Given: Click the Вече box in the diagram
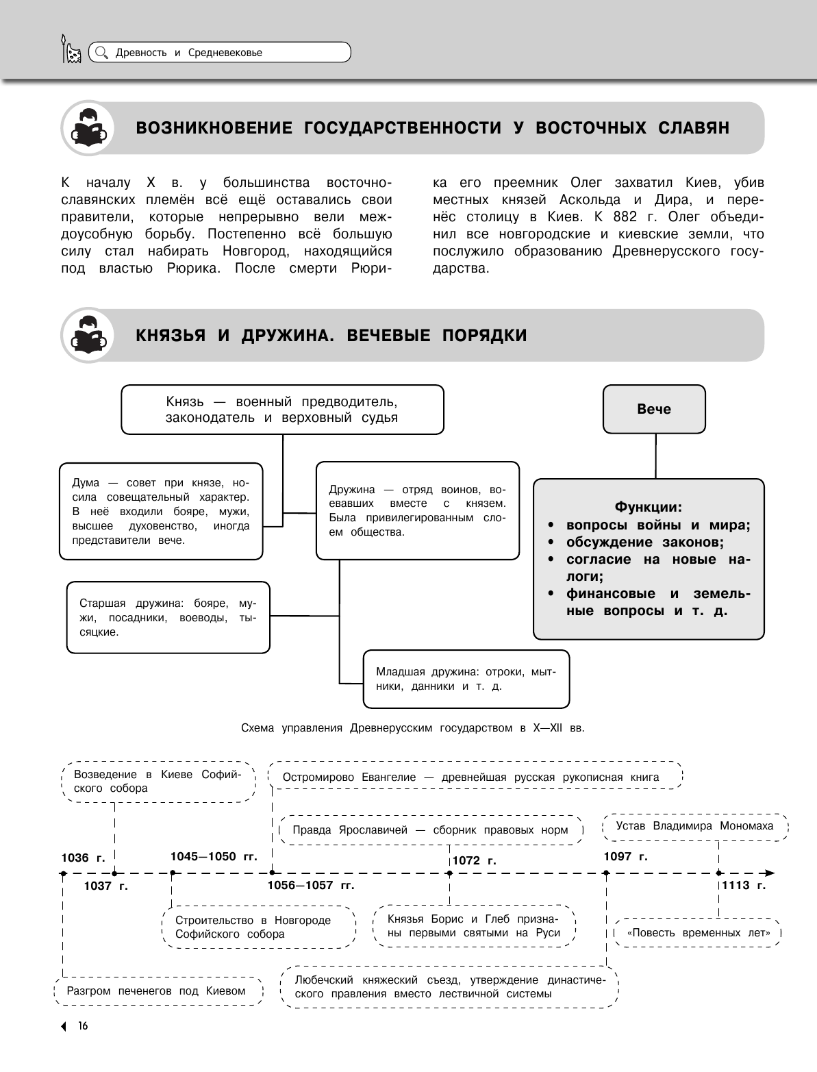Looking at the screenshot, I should [654, 409].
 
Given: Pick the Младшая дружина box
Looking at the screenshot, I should [466, 679].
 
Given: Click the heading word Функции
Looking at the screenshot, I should [648, 508].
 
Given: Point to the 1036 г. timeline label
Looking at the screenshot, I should [83, 858].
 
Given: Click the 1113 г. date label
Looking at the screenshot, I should [743, 885].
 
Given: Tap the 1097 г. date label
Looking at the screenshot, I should [625, 856].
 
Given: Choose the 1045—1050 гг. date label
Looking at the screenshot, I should [213, 856].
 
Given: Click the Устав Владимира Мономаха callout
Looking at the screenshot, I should [694, 826].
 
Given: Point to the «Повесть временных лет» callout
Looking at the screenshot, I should [697, 933].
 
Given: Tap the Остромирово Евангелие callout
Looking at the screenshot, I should [475, 777].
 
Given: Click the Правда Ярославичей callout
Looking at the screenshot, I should [430, 830].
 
